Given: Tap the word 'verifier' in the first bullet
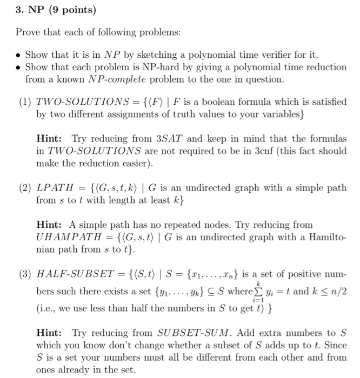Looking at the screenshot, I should (275, 55).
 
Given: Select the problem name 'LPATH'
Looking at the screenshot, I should (51, 188).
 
